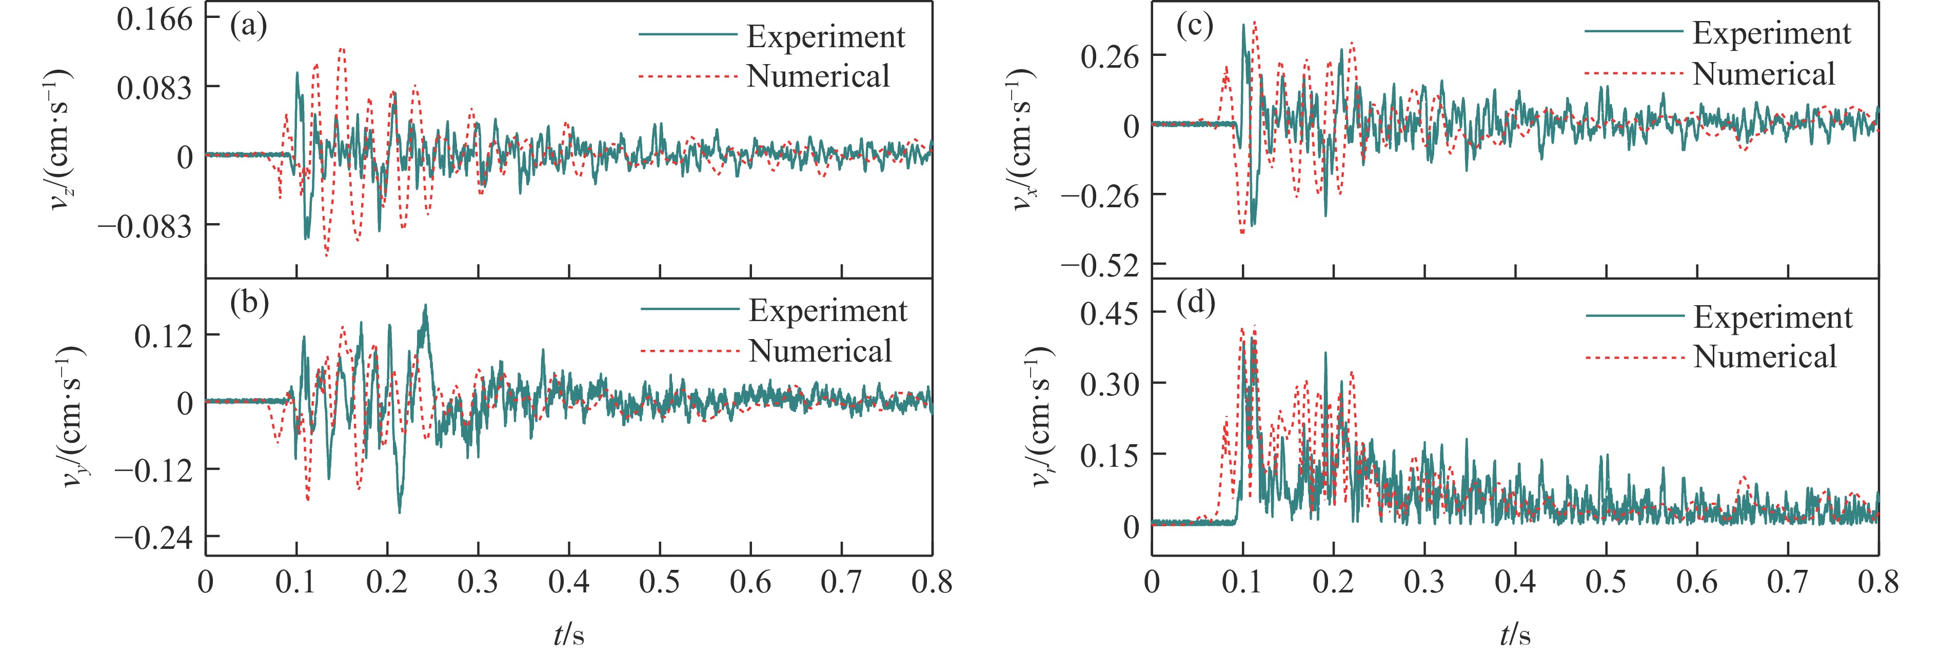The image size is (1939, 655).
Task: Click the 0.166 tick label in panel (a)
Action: (155, 19)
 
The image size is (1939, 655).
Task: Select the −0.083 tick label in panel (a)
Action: (145, 225)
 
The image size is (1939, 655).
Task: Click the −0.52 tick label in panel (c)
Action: (1100, 264)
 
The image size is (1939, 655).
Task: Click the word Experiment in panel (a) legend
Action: (826, 37)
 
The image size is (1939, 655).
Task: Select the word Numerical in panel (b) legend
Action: (820, 351)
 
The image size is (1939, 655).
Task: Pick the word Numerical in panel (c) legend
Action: (1764, 74)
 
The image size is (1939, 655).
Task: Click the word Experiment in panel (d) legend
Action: (1773, 317)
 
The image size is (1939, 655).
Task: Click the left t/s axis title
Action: (569, 634)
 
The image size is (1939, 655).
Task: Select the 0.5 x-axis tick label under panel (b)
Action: (659, 582)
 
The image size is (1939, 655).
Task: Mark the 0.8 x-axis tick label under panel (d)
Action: (1878, 582)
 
